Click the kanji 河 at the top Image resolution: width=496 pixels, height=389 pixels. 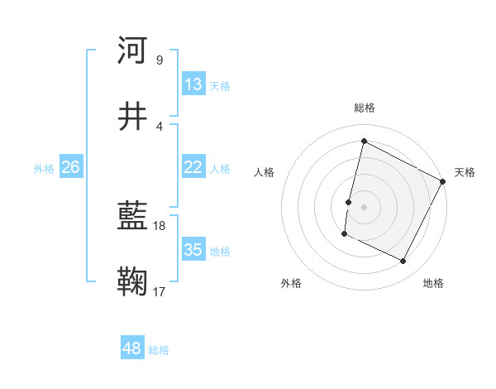coord(132,50)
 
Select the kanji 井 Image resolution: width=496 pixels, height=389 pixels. coord(132,116)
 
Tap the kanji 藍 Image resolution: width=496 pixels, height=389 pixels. coord(132,217)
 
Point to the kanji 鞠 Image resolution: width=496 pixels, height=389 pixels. coord(132,281)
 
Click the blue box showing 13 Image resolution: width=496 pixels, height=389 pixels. coord(193,84)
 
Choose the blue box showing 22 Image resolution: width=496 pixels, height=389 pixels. coord(193,167)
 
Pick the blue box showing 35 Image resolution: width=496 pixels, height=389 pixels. coord(193,250)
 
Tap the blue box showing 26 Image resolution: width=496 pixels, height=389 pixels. coord(70,167)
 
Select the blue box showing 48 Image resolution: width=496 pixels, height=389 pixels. coord(132,348)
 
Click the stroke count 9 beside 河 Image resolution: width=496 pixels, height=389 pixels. coord(159,60)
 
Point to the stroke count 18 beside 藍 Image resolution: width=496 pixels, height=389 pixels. coord(160,225)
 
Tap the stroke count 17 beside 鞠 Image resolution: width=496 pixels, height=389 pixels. coord(160,291)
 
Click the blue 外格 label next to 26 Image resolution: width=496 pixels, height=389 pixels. coord(44,168)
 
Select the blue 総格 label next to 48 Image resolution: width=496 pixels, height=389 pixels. coord(159,350)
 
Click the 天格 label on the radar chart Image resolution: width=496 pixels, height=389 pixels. coord(465,172)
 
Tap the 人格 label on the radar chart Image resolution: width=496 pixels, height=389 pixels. coord(265,172)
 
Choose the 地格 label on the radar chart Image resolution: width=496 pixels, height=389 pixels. coord(433,283)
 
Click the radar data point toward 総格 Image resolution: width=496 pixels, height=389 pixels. coord(364,141)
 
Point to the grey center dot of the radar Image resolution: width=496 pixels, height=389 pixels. coord(364,206)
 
